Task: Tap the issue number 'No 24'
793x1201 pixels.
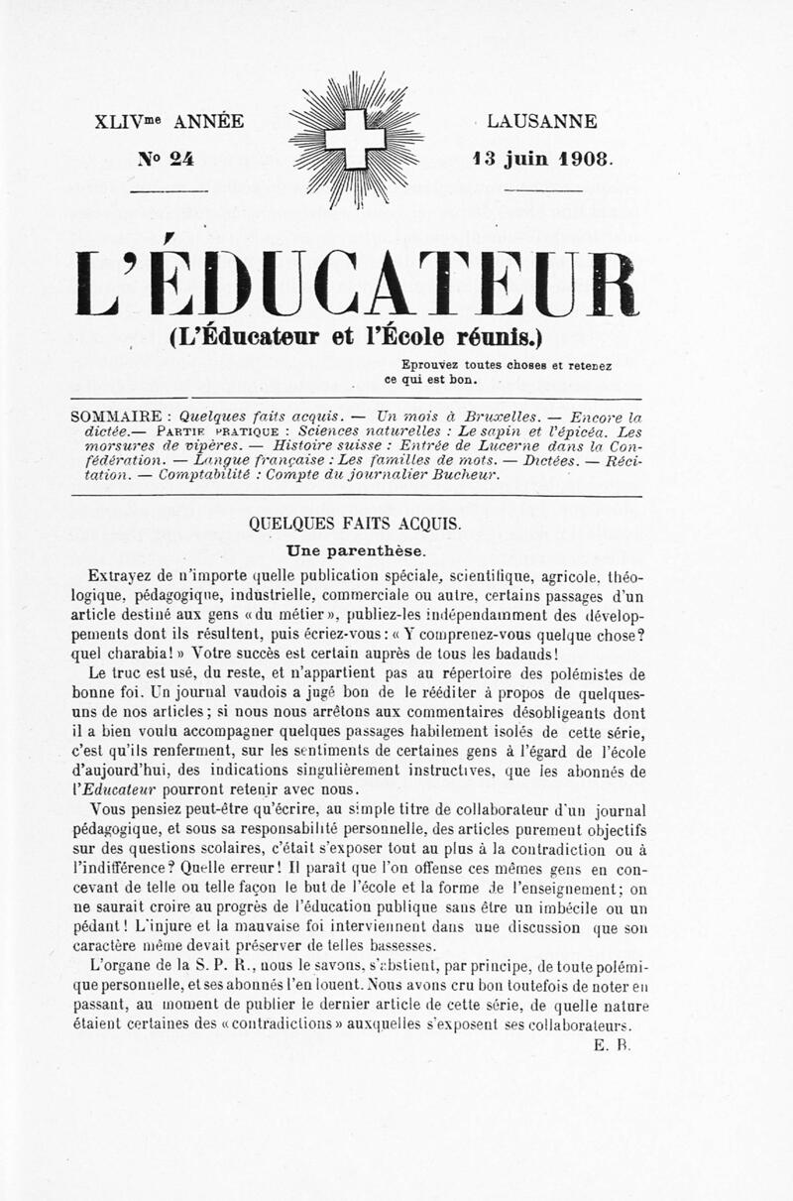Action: [x=167, y=158]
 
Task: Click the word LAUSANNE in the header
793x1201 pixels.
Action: [x=543, y=122]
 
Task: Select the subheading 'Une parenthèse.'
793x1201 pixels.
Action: [x=355, y=550]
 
